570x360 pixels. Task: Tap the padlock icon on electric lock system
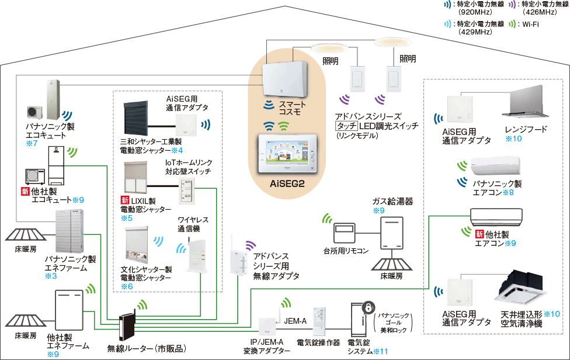(368, 308)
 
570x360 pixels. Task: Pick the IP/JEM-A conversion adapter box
(267, 328)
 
